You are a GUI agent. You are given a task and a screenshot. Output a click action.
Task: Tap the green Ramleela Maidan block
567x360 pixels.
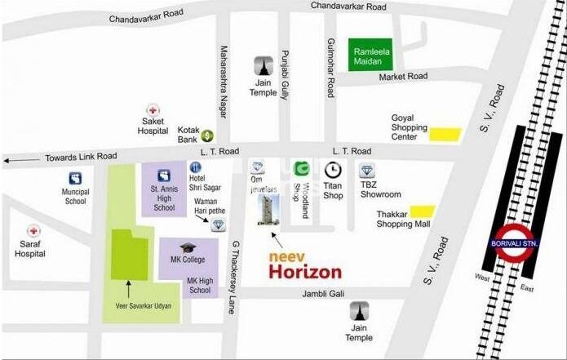coord(370,56)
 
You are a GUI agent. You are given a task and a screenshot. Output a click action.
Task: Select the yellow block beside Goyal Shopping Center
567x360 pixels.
coord(445,135)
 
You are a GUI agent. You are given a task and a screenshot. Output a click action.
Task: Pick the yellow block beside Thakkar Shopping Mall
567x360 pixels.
coord(423,211)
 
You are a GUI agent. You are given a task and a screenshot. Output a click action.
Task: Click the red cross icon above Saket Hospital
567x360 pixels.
coord(152,109)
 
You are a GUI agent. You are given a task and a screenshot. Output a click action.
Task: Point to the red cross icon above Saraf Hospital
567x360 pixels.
coord(33,232)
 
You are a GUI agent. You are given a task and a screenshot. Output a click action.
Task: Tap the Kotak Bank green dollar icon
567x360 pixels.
coord(208,135)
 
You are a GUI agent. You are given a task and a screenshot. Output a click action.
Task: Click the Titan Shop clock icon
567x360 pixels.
coord(333,170)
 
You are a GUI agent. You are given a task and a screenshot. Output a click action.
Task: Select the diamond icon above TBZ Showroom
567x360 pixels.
coord(367,171)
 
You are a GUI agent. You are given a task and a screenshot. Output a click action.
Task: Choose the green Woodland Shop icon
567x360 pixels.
coord(301,169)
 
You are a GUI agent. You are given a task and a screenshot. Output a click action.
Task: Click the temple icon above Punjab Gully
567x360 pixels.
coord(264,65)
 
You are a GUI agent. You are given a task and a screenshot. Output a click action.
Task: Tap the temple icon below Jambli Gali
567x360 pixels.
coord(359,310)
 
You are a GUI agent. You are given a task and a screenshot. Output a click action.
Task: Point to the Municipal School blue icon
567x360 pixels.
coord(75,178)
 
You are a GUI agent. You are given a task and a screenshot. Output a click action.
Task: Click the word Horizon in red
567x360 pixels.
coord(306,272)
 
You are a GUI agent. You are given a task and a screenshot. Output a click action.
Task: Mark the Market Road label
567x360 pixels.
coord(402,77)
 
